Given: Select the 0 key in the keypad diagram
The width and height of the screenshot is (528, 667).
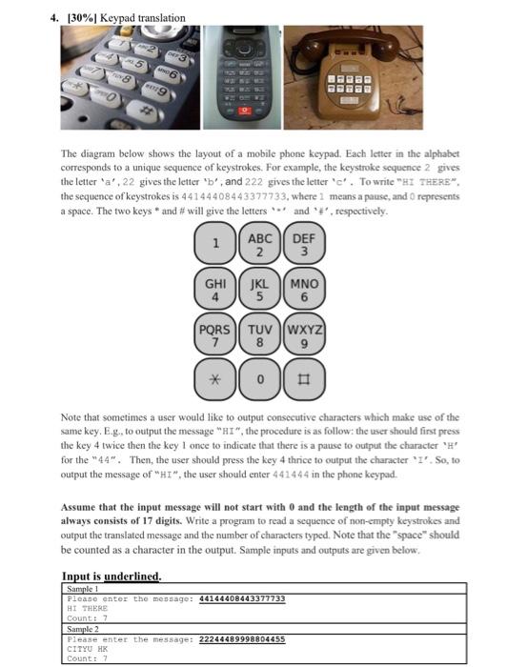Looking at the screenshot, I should pyautogui.click(x=259, y=378).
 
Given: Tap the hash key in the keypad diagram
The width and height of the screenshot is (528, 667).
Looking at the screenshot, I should pyautogui.click(x=304, y=378).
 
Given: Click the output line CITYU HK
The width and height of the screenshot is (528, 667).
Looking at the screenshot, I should pyautogui.click(x=89, y=648).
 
